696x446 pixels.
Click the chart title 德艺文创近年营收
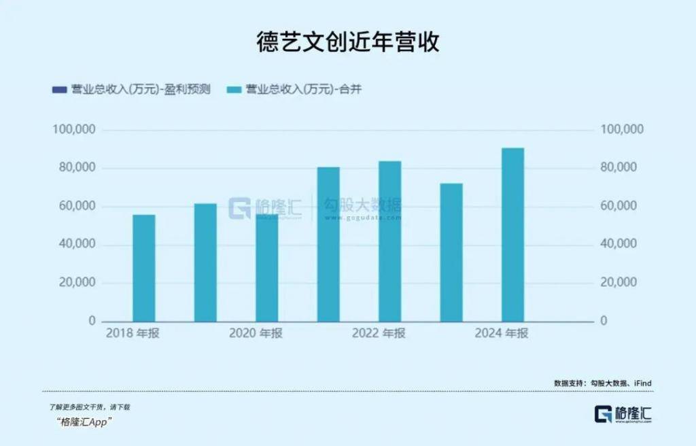coord(347,41)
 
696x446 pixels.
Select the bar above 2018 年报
coord(143,268)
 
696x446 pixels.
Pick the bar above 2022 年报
coord(389,241)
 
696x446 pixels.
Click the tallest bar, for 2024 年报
coord(512,235)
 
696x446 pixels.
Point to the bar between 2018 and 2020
coord(205,262)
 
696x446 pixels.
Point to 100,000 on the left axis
coord(75,130)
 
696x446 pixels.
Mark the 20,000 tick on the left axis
coord(78,283)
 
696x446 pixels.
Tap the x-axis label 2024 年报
coord(502,333)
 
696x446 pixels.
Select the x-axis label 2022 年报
coord(379,333)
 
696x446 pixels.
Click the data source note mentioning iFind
coord(603,383)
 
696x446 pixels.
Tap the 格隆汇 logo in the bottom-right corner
coord(623,414)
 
